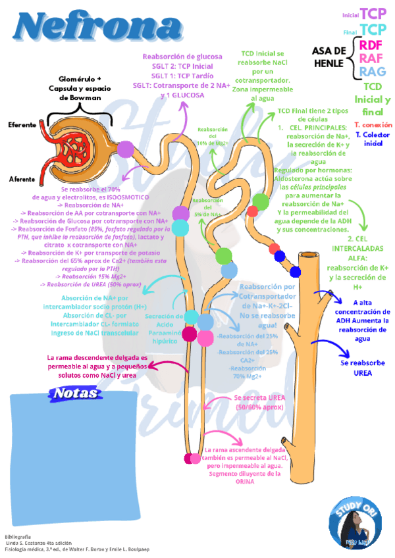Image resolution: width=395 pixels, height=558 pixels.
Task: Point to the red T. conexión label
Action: click(x=373, y=124)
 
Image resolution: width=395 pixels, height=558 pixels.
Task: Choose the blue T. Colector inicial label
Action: click(x=373, y=138)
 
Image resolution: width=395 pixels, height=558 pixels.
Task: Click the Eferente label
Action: click(x=22, y=124)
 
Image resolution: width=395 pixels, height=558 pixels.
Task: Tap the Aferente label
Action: click(x=22, y=179)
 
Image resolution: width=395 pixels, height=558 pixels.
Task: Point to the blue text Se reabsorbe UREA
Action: click(x=356, y=367)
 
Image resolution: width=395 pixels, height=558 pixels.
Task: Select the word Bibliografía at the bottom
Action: click(x=18, y=537)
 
